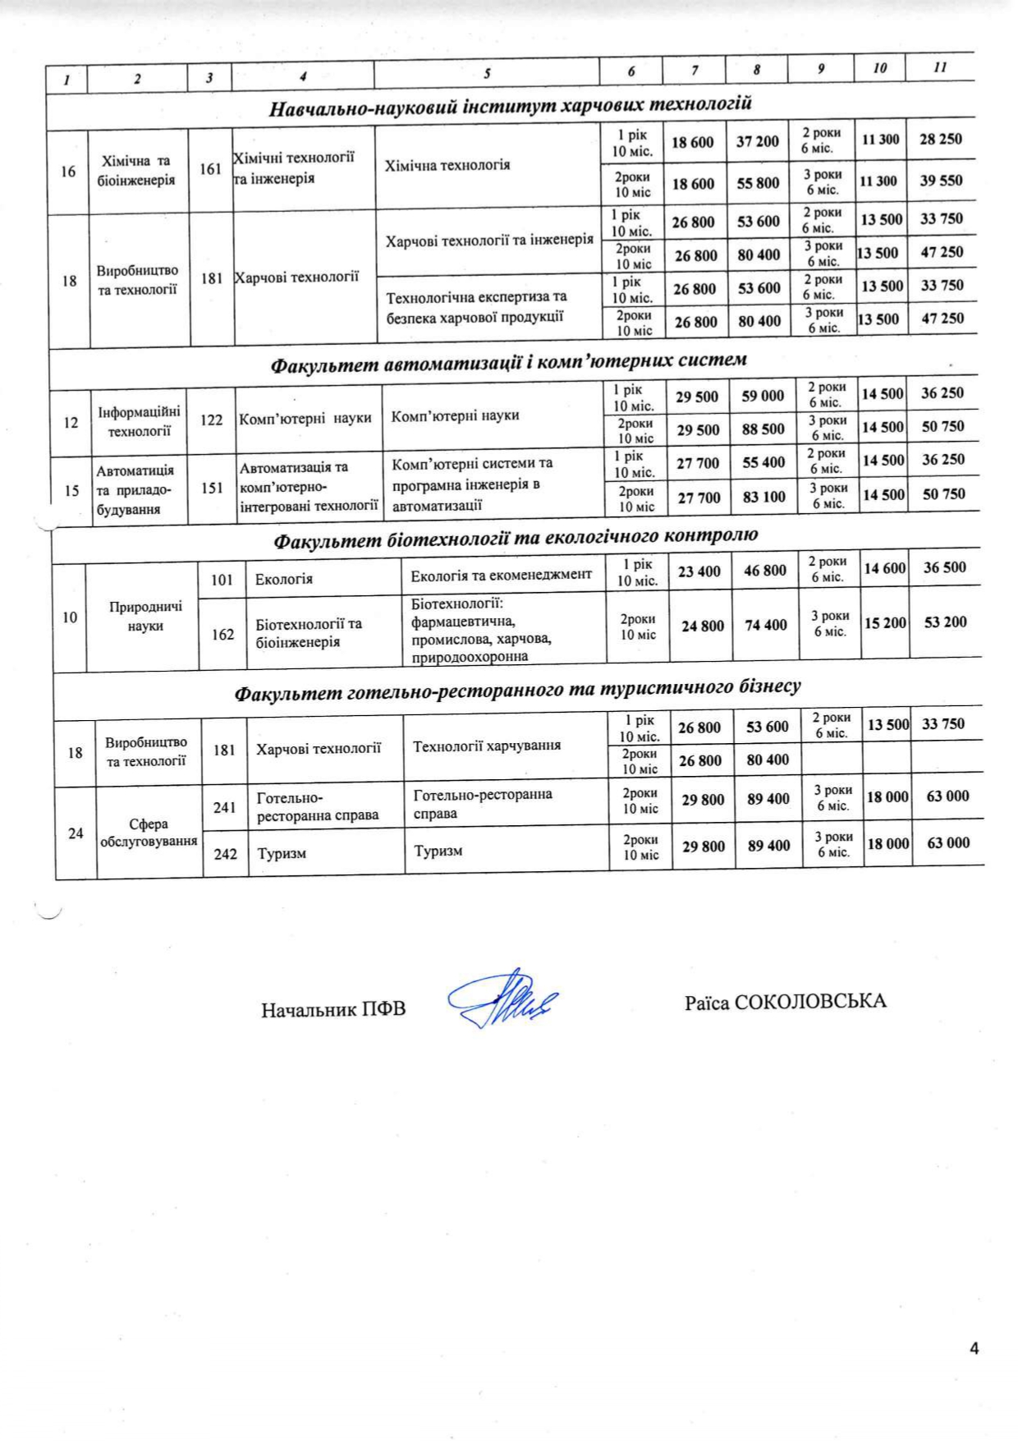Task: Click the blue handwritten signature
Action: (502, 1000)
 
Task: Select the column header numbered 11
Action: (940, 67)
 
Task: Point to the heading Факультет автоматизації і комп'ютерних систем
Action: (509, 360)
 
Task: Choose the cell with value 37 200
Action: (757, 141)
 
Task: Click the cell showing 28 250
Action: (941, 139)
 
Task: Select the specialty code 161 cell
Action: (211, 169)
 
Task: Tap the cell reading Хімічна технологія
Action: (447, 165)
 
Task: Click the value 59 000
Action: (763, 396)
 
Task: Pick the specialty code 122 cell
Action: (212, 420)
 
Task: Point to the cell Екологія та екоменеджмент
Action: (501, 574)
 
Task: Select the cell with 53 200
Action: (945, 622)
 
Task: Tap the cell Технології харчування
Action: (487, 746)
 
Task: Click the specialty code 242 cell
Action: (225, 854)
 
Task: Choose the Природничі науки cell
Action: (145, 616)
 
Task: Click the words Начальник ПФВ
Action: (333, 1009)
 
